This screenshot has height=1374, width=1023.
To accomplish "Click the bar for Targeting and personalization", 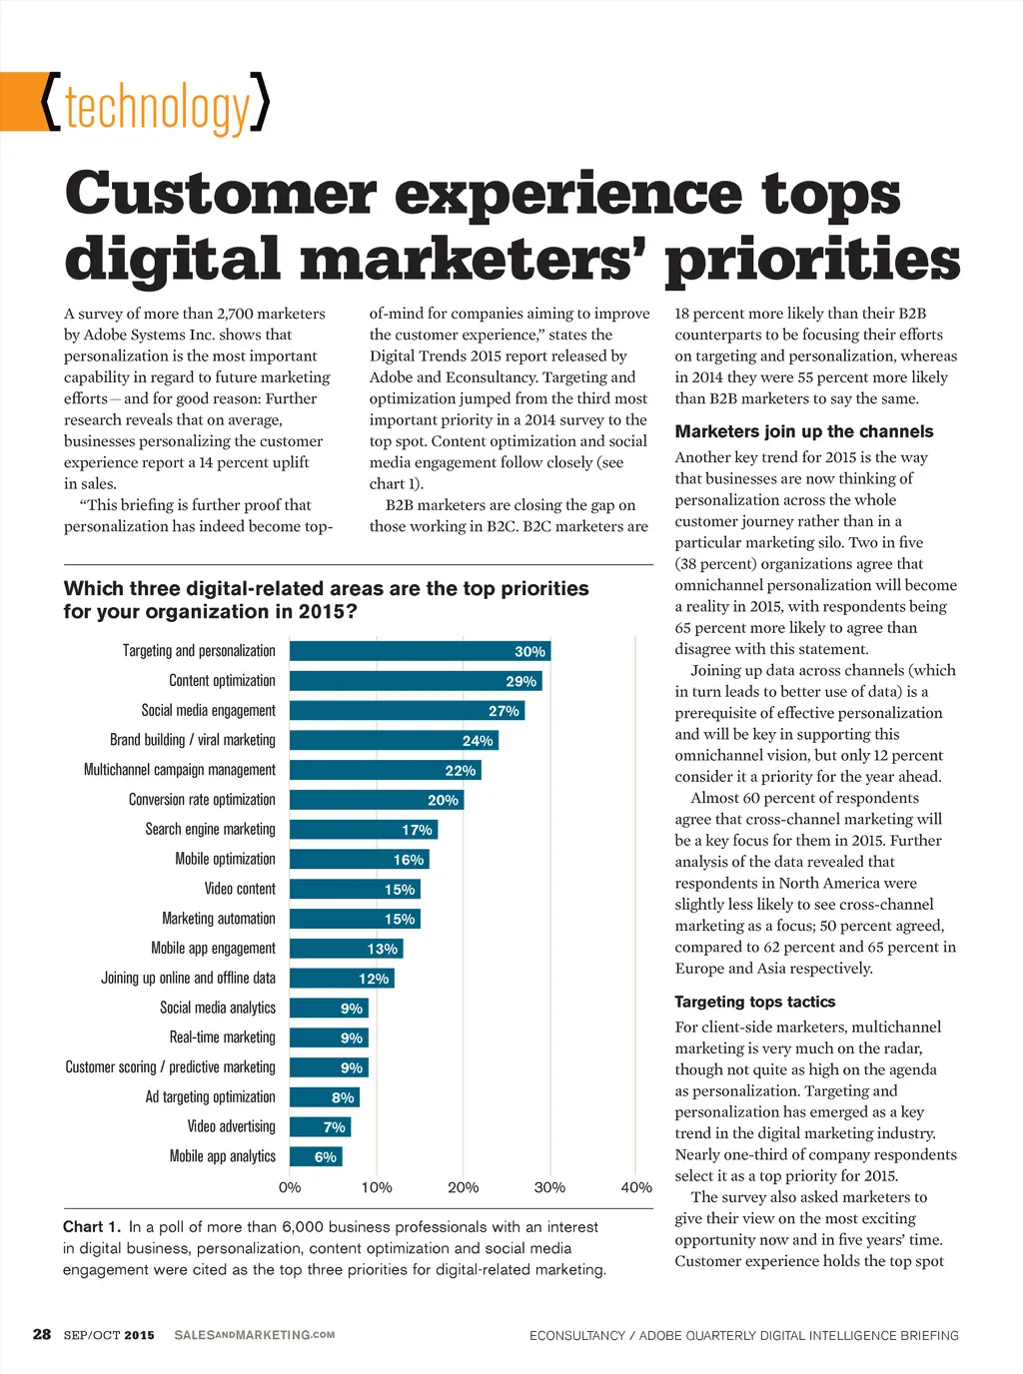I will click(x=420, y=651).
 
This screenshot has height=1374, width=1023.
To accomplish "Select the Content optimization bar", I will click(x=416, y=681).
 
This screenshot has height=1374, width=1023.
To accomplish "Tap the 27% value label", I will click(x=504, y=711).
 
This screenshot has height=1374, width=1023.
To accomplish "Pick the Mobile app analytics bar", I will click(x=316, y=1156).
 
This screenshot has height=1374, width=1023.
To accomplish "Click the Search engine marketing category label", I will click(x=210, y=829).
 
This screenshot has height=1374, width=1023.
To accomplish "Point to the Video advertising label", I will click(x=231, y=1126).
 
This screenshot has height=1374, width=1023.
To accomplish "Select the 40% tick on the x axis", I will click(x=636, y=1187).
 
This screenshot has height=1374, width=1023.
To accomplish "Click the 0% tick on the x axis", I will click(x=290, y=1187).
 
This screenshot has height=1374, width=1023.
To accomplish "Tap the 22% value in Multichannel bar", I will click(x=460, y=771).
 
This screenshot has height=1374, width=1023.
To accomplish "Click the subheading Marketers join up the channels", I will click(x=803, y=431).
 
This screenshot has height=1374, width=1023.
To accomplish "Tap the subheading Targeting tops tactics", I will click(x=754, y=1002).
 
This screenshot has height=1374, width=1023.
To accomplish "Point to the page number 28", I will click(x=42, y=1334).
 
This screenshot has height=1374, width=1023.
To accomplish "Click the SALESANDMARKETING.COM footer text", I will click(x=254, y=1335).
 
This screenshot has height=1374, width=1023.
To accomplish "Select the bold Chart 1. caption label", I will click(x=92, y=1226).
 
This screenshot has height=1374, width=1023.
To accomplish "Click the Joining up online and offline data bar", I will click(x=342, y=979).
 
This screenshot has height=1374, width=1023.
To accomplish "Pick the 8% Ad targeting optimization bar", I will click(x=324, y=1097).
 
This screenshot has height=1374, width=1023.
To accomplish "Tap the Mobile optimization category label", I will click(x=225, y=859).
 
